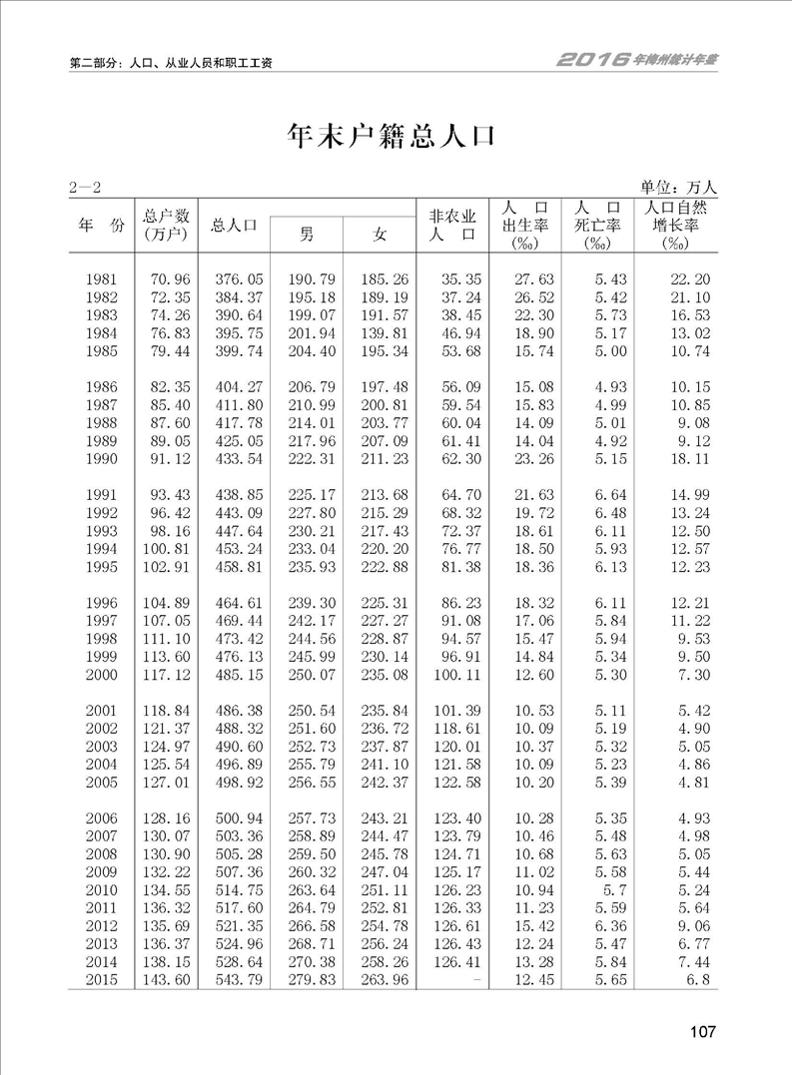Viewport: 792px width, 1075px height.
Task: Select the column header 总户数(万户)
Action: coord(167,225)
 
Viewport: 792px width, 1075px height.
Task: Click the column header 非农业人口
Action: coord(451,225)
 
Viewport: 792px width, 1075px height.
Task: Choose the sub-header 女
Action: coord(380,235)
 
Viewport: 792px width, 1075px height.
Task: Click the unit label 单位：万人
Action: coord(679,187)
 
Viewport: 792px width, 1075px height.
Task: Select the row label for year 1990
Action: coord(102,459)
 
